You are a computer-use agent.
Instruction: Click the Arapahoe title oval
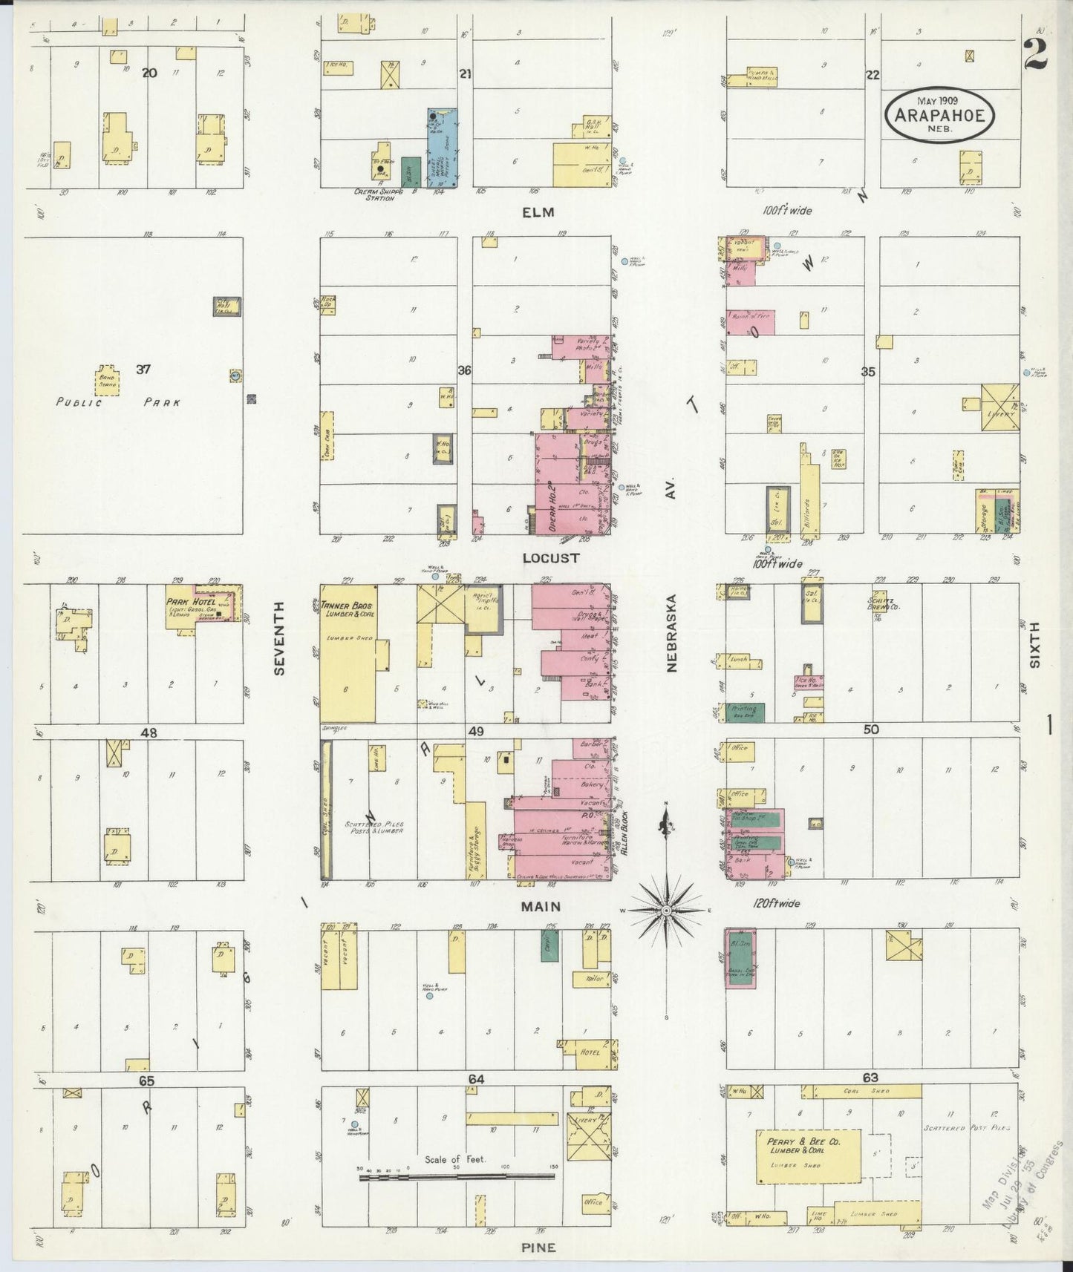pyautogui.click(x=939, y=115)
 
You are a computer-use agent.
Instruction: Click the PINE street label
pyautogui.click(x=539, y=1248)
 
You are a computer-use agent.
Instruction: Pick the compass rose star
pyautogui.click(x=666, y=910)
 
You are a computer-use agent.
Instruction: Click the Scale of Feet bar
pyautogui.click(x=457, y=1177)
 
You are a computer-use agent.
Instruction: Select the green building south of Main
pyautogui.click(x=550, y=947)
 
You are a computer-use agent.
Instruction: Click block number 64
pyautogui.click(x=476, y=1079)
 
